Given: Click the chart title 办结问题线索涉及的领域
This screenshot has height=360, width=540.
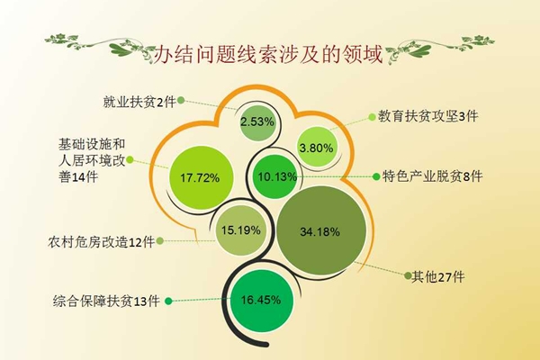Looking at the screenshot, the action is coord(267,54).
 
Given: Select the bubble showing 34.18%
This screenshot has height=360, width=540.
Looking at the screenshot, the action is coord(321,230).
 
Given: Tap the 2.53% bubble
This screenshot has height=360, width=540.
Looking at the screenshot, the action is coord(257,122).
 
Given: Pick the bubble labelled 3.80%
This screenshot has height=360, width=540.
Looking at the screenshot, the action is coord(316,148).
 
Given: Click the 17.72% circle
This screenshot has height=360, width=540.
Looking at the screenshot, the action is coord(201,178).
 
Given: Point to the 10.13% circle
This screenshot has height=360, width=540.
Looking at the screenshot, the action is coord(275,176).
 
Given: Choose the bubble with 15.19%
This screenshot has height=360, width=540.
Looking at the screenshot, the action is coord(240,230).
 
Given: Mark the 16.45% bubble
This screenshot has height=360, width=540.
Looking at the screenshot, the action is coord(261,301).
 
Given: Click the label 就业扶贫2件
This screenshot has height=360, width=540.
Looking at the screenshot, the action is coord(139,102).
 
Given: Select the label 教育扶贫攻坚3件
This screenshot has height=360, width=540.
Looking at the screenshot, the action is coord(428,116).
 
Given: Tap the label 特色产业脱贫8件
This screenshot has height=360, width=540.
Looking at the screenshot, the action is coord(433,176).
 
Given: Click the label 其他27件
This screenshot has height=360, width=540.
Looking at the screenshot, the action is coord(438,276).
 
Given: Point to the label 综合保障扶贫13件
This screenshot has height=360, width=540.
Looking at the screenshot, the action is coord(106,301).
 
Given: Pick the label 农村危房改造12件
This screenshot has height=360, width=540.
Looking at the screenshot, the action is coord(101,242).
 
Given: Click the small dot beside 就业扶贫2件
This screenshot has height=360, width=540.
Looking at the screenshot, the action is coord(181,101).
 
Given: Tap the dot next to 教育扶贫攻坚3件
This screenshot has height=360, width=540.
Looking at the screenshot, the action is coord(372,117).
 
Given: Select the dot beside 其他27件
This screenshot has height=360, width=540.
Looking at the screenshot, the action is coord(408,275).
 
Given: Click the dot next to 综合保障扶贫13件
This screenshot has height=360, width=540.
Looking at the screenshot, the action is coord(168,301).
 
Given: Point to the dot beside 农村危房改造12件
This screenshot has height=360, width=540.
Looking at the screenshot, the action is coord(160,241).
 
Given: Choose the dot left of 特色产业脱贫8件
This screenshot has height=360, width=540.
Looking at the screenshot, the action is coord(376,176).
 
